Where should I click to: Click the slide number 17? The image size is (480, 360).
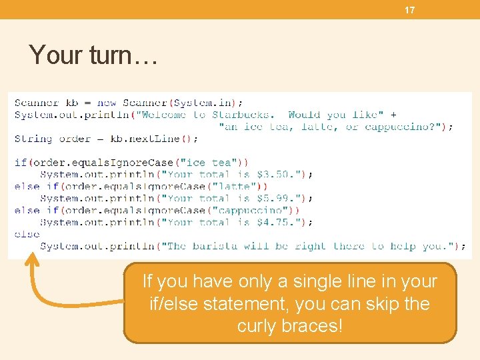coord(409,10)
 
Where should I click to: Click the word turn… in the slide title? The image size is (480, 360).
coord(122,55)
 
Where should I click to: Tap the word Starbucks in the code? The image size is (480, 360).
coord(240,115)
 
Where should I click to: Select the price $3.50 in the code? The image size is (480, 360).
coord(273,175)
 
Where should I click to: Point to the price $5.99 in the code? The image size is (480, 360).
coord(273,199)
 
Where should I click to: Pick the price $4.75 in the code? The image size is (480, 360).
coord(273,223)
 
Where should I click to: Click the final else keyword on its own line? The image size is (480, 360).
coord(27,235)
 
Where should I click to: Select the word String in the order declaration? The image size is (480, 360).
coord(33,139)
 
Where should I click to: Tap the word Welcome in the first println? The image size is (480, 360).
coord(163,115)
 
